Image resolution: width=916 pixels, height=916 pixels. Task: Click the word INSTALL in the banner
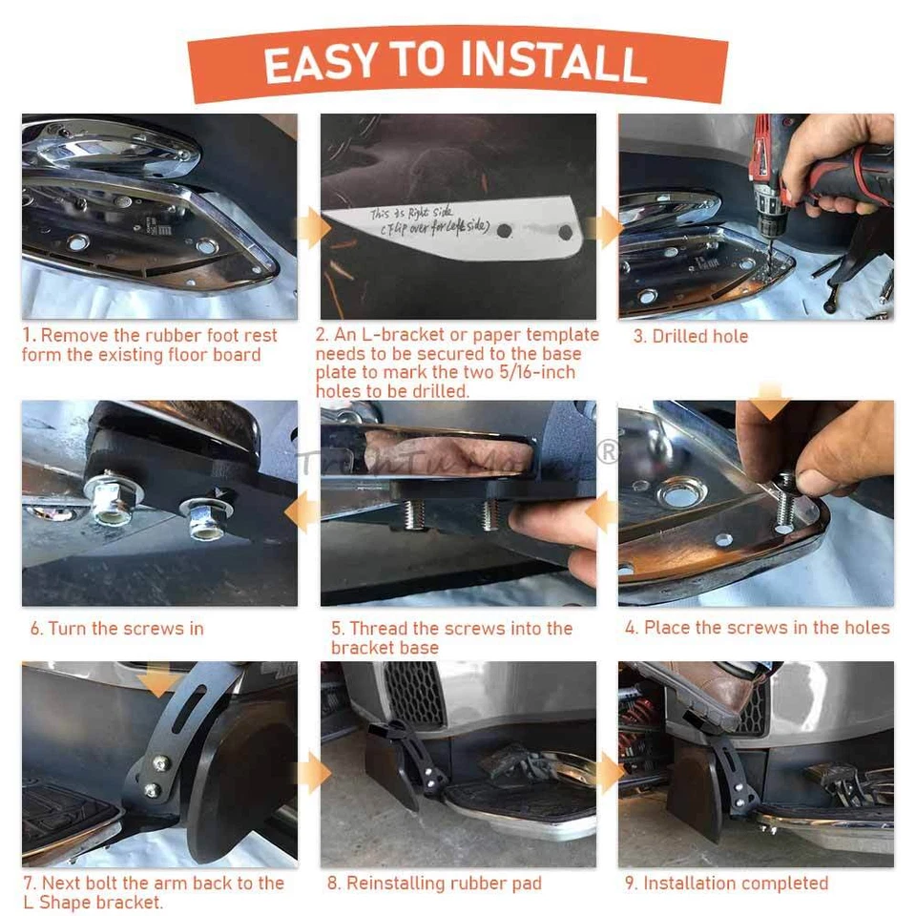point(551,62)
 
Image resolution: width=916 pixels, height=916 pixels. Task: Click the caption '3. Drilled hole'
point(690,337)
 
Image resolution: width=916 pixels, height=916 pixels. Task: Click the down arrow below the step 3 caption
point(772,390)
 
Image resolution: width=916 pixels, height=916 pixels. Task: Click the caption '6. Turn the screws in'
point(116,629)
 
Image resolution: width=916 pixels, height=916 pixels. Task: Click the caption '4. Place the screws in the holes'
point(757,628)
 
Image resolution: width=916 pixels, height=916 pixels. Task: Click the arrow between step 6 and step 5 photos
point(305,514)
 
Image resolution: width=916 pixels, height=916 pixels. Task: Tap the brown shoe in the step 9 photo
point(711,695)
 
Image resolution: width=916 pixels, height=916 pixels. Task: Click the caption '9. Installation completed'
point(726,884)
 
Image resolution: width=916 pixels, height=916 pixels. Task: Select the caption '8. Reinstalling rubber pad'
point(434,884)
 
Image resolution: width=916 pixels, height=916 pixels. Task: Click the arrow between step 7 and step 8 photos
point(309,773)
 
